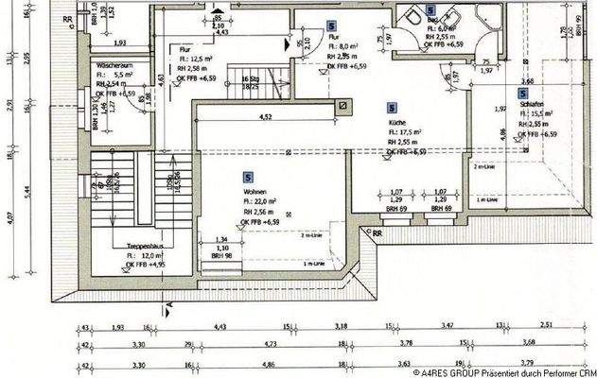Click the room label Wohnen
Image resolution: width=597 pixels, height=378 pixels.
point(255,192)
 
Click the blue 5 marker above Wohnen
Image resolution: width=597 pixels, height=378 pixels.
point(248,177)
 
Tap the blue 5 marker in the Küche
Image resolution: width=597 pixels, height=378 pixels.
point(393,109)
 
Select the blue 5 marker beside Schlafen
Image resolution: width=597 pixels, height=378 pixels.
point(522,93)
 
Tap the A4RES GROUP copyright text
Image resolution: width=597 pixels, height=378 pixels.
point(501,371)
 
